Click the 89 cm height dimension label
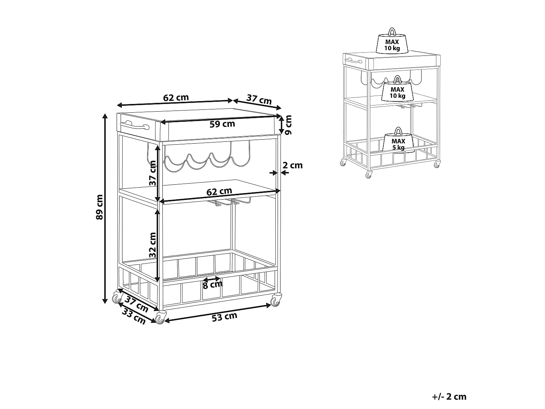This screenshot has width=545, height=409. point(99,207)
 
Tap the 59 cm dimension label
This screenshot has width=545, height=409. point(222,124)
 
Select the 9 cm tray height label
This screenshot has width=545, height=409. point(288,125)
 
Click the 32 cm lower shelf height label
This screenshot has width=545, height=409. point(153,245)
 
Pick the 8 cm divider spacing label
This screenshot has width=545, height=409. point(213,285)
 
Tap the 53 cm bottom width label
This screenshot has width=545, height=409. point(225,317)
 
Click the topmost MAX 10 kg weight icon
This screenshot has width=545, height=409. point(392,40)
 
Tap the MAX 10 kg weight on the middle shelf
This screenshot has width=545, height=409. point(397,88)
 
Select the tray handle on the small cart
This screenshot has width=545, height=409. point(354,60)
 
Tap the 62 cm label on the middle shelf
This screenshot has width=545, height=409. point(219,191)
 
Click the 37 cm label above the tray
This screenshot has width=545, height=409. point(259,99)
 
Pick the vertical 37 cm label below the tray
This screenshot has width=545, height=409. point(153,173)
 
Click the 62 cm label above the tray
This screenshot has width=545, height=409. point(176,97)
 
